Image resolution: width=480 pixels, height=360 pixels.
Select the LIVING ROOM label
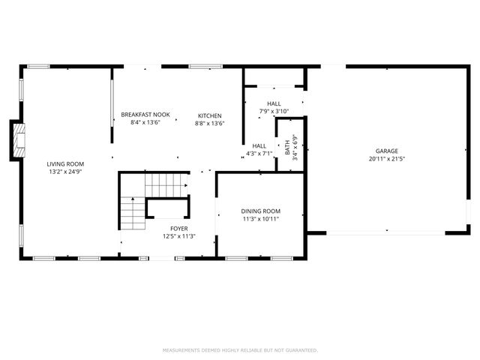pos(65,163)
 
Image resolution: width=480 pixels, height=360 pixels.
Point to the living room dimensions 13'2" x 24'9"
pos(65,172)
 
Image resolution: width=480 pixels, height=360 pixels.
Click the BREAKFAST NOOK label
pos(145,115)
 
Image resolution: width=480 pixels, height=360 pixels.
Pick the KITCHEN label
pos(209,115)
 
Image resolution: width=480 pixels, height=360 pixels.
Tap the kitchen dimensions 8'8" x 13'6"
pos(209,123)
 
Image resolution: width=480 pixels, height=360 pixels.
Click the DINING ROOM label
pos(260,211)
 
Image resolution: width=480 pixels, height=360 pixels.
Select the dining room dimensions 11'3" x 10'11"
pos(260,220)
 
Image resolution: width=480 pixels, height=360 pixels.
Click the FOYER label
pos(178,228)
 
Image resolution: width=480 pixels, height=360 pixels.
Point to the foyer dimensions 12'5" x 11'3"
pos(178,236)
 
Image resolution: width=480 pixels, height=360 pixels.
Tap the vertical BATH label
pos(287,146)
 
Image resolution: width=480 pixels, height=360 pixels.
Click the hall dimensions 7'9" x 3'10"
pos(273,111)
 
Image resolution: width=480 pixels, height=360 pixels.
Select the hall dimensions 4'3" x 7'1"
pos(259,154)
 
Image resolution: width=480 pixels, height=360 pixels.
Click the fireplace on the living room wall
pos(18,140)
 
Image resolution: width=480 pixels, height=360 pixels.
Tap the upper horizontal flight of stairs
pos(166,182)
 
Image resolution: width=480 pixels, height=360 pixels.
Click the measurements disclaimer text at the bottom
pos(240,349)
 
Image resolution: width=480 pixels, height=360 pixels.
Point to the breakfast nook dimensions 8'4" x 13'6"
pos(145,123)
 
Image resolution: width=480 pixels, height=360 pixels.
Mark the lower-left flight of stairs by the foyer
pos(132,213)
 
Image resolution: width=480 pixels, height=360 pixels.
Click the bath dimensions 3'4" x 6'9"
pos(295,147)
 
